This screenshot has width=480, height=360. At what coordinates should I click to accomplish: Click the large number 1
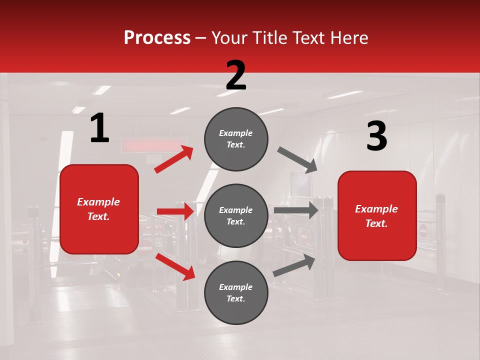point(99,128)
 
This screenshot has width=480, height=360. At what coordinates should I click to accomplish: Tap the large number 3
point(376,136)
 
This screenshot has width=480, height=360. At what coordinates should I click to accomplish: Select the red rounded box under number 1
point(99,209)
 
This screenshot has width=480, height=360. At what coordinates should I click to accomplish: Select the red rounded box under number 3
point(377,215)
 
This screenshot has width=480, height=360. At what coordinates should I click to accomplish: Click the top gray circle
point(236,139)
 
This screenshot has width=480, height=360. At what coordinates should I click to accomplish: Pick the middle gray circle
point(236,215)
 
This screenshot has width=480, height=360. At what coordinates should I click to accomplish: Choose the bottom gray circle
point(236,292)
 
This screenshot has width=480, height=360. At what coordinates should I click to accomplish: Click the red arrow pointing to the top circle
point(174,159)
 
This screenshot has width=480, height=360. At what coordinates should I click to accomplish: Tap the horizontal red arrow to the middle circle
point(175,211)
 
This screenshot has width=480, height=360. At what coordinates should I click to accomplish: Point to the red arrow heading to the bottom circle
point(175,266)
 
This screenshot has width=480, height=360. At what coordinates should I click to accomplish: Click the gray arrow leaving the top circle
point(297,160)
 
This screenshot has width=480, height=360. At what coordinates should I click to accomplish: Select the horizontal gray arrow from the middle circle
point(296,210)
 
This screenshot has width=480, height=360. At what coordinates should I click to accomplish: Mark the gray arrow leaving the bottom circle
point(294,265)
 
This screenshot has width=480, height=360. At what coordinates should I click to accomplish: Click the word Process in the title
point(157,37)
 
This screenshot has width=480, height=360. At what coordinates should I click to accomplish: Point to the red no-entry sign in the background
point(423,230)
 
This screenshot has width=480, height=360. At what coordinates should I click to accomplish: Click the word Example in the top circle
point(236,133)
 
